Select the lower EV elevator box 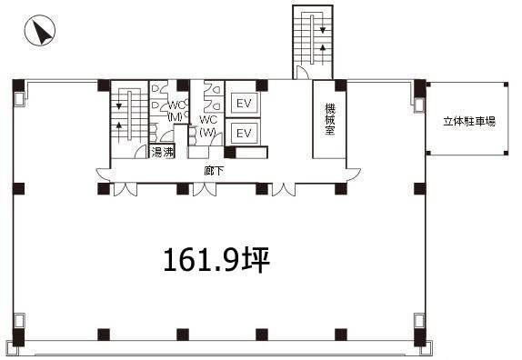(243, 134)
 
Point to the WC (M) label (175, 109)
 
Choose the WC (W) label (208, 125)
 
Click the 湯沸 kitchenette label (163, 152)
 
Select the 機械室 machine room (329, 119)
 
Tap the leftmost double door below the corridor (124, 191)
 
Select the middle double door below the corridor (205, 191)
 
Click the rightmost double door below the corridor (282, 191)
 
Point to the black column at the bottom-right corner (419, 342)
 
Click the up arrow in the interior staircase (118, 128)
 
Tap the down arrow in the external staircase (321, 30)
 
